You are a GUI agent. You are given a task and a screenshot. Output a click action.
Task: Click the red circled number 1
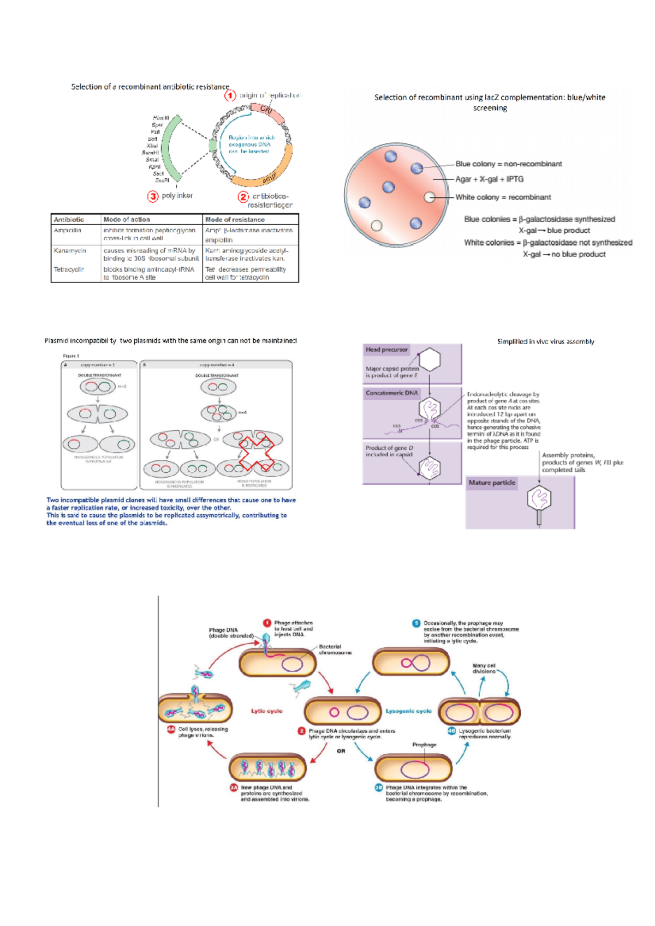(x=230, y=95)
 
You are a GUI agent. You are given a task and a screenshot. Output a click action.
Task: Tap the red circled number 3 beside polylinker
(x=153, y=196)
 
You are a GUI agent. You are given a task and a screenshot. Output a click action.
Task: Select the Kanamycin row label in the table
(x=70, y=250)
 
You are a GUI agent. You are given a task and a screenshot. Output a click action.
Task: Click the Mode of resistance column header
(x=235, y=219)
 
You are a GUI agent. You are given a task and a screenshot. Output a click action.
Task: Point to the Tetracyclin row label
(x=69, y=269)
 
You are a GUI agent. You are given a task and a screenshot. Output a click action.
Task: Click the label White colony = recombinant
(x=503, y=197)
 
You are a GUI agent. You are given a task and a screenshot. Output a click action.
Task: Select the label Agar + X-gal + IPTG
(x=489, y=179)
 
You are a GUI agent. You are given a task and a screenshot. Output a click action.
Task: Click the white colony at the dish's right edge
(x=430, y=197)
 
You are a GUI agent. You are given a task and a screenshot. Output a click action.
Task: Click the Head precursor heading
(x=386, y=350)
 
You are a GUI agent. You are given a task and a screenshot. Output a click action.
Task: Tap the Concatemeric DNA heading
(x=391, y=393)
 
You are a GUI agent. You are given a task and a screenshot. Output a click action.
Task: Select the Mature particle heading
(x=491, y=483)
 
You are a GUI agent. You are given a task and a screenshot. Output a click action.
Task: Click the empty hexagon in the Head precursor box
(x=430, y=360)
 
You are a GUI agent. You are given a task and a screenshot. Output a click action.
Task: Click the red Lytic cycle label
(x=266, y=711)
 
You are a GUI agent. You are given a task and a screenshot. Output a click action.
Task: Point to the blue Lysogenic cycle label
(x=408, y=711)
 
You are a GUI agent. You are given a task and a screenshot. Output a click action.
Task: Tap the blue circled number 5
(x=416, y=623)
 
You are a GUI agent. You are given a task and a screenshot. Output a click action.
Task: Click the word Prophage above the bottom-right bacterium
(x=424, y=744)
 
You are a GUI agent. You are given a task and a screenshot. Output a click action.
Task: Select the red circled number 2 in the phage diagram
(x=301, y=731)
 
